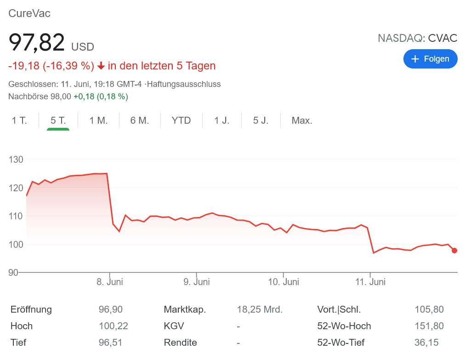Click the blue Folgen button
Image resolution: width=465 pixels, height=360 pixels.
430,59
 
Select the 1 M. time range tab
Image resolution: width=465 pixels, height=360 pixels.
98,120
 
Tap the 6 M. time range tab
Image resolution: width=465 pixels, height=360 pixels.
140,120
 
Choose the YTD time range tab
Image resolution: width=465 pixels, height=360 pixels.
181,120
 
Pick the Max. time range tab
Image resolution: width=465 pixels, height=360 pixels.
302,120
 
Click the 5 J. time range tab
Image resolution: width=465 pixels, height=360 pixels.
261,120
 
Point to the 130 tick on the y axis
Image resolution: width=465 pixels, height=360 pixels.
16,160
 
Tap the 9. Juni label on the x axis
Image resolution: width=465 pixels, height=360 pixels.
197,282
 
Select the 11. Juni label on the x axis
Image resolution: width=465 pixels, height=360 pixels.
370,282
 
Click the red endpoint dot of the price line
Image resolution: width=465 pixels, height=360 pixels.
454,251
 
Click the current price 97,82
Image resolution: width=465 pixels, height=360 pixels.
37,43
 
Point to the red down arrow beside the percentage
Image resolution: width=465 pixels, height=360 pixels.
102,66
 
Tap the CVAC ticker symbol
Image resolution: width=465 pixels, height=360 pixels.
442,38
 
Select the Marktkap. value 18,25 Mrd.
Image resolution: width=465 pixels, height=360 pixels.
260,309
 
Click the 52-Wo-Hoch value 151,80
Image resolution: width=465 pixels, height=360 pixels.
429,326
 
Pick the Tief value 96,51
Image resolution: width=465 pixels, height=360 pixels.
111,343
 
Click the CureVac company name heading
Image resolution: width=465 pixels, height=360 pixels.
29,13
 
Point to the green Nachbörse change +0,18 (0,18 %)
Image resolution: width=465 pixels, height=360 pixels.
101,97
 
